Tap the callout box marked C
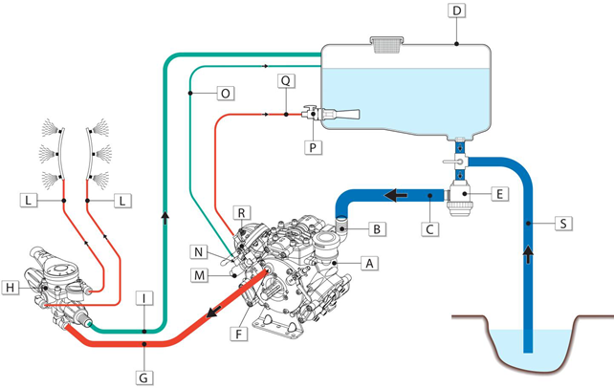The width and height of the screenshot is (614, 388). [x=430, y=229]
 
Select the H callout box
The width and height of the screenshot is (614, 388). [x=11, y=286]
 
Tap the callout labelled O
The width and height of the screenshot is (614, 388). [x=225, y=93]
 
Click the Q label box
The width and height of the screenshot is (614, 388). [x=286, y=81]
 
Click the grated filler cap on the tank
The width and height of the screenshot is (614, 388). [x=387, y=40]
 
